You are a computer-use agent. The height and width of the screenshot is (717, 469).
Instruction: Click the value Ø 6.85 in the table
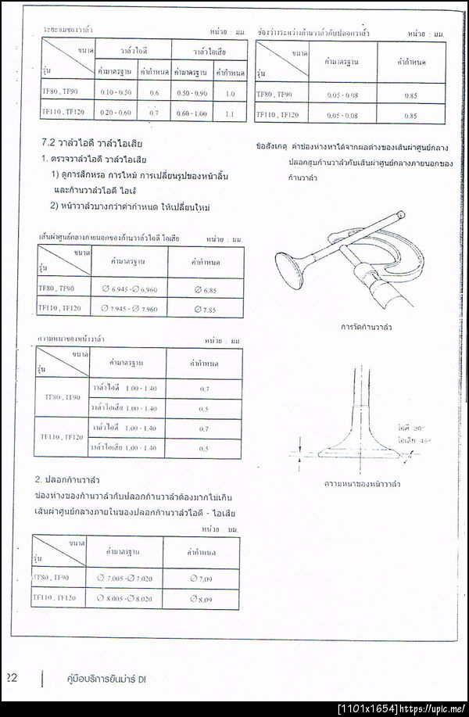(x=204, y=289)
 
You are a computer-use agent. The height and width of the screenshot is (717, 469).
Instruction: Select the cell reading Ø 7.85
(x=204, y=309)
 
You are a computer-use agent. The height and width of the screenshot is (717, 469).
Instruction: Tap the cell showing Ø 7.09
(x=201, y=579)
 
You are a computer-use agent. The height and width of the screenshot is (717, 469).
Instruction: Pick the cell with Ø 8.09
(x=201, y=599)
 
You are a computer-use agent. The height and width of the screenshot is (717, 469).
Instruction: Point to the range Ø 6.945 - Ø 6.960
(x=129, y=289)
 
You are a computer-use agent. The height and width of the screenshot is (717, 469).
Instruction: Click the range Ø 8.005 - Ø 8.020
(x=125, y=599)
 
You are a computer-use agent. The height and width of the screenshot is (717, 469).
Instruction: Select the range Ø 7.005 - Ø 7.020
(x=125, y=579)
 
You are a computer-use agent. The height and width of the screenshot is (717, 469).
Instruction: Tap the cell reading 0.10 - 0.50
(x=116, y=93)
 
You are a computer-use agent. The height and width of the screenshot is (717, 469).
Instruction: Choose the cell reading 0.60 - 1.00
(x=192, y=113)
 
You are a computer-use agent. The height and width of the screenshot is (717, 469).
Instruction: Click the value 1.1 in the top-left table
(x=229, y=113)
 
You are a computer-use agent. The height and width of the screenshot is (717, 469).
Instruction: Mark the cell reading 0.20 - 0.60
(x=116, y=113)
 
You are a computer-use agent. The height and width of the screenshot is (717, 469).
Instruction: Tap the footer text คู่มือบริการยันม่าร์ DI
(x=107, y=679)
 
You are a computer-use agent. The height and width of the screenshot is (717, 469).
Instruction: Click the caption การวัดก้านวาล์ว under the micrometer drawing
(x=367, y=327)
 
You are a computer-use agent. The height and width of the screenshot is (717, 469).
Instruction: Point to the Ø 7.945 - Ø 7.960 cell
(x=129, y=309)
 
